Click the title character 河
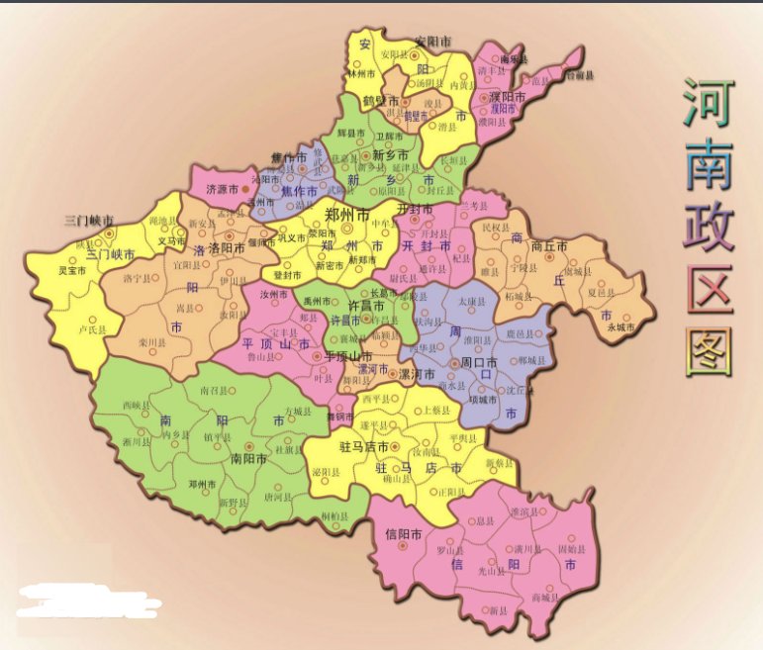[x=706, y=103]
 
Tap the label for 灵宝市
[x=71, y=269]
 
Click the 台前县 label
[x=579, y=75]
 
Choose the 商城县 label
[x=545, y=598]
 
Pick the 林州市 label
[x=360, y=73]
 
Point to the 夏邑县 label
[x=602, y=293]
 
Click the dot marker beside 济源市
[x=245, y=187]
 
